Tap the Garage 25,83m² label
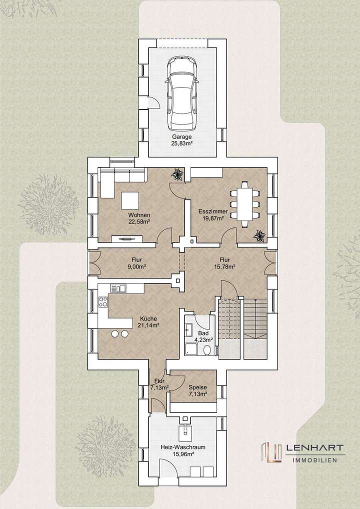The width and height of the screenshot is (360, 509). (x=182, y=139)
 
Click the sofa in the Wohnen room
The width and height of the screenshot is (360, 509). (x=122, y=176)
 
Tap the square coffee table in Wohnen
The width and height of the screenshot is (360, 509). (x=131, y=200)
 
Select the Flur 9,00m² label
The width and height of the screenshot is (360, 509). (x=136, y=263)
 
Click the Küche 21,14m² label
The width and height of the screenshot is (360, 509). (x=148, y=321)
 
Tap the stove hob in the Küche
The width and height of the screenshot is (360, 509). (x=103, y=301)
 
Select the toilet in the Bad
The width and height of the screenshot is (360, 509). (x=207, y=350)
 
